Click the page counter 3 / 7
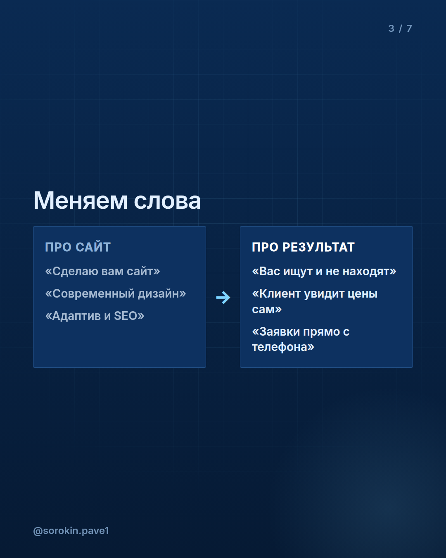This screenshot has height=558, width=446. click(400, 29)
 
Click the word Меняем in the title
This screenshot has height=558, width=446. click(81, 200)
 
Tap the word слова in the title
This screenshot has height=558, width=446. click(167, 201)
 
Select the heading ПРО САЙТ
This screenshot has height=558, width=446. click(78, 247)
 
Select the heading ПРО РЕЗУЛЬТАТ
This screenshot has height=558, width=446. click(303, 247)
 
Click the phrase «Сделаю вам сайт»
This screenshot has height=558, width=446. click(102, 272)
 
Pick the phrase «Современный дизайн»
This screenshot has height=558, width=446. click(115, 294)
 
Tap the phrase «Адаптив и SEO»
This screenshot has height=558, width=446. click(95, 316)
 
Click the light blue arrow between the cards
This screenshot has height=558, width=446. click(223, 298)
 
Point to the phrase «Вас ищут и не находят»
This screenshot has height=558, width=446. click(324, 272)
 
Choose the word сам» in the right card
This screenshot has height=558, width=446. click(267, 309)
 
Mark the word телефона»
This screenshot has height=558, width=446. click(283, 347)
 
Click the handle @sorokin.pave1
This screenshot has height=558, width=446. click(71, 531)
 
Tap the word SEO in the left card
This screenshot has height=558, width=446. click(126, 316)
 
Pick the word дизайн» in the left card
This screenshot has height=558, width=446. click(162, 294)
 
